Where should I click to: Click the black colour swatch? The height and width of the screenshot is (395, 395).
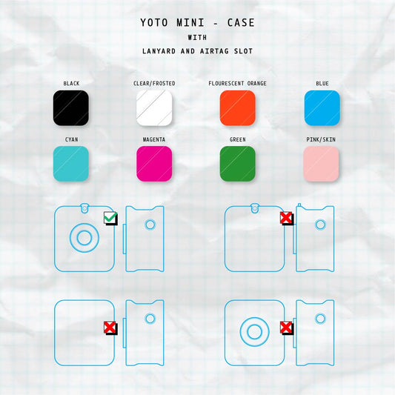click(71, 107)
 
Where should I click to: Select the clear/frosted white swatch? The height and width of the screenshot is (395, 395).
click(154, 107)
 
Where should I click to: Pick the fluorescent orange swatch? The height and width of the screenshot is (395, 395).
click(238, 107)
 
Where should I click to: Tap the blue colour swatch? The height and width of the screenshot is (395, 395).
click(322, 107)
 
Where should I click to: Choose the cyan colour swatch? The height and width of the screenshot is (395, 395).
click(71, 164)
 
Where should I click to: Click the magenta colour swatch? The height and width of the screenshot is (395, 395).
click(154, 164)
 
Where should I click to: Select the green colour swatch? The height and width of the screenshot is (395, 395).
click(238, 164)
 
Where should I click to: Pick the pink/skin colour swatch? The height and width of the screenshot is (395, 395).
click(321, 164)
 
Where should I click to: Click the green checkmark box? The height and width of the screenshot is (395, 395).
click(110, 218)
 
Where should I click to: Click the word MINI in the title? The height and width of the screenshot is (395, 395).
click(190, 23)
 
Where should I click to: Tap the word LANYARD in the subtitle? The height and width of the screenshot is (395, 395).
click(159, 51)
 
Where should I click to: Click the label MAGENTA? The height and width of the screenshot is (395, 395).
click(154, 139)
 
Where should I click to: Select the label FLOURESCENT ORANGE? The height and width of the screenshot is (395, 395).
click(237, 84)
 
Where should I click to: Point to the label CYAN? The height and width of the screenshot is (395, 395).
click(72, 139)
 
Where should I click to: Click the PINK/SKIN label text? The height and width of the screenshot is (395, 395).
click(321, 139)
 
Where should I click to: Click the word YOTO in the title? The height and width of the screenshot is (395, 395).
click(154, 23)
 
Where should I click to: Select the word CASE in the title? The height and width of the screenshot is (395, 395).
click(241, 23)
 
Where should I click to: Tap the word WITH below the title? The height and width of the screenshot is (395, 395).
click(197, 38)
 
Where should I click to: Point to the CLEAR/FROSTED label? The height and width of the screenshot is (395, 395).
click(154, 84)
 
